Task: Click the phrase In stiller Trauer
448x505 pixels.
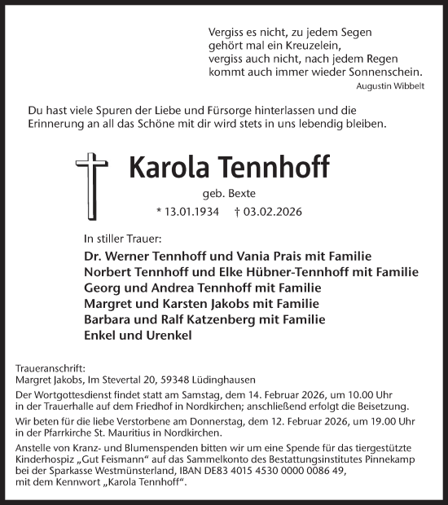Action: coord(123,240)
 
